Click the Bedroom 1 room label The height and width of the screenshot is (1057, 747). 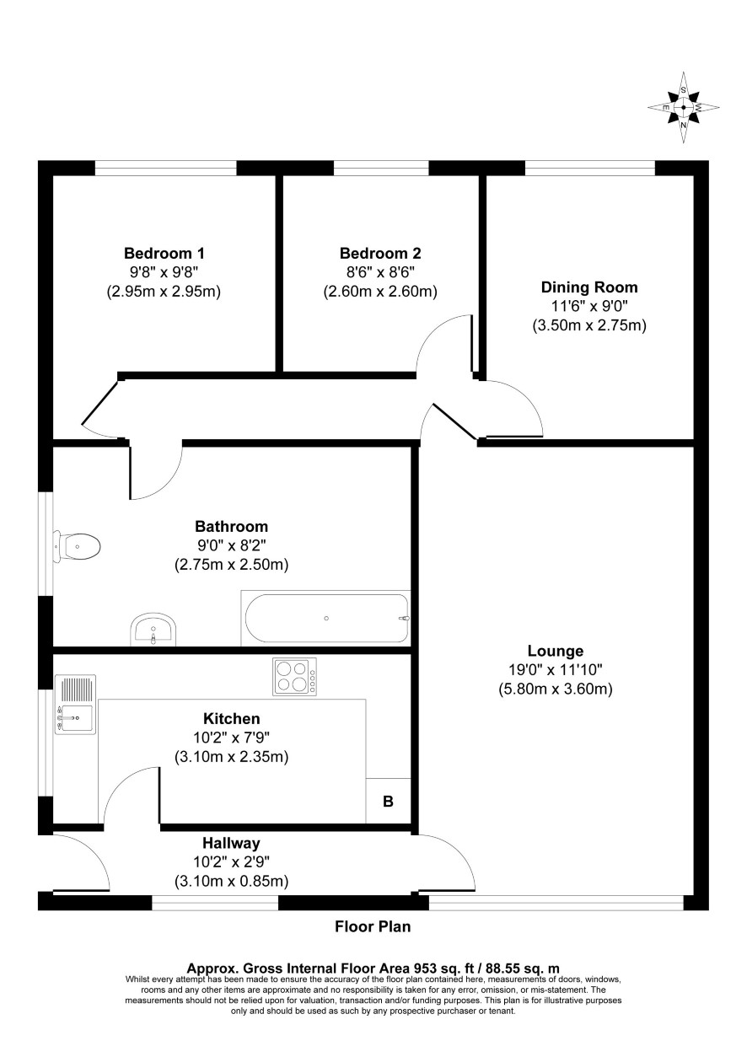pyautogui.click(x=164, y=254)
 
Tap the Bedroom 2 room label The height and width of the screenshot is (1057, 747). pyautogui.click(x=380, y=254)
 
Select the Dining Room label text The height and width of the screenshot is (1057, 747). pyautogui.click(x=589, y=287)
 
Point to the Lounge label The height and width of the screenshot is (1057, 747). pyautogui.click(x=556, y=651)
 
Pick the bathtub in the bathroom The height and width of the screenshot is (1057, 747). pyautogui.click(x=325, y=618)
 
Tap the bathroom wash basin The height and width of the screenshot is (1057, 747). pyautogui.click(x=153, y=630)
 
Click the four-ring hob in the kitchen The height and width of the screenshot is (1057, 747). pyautogui.click(x=295, y=677)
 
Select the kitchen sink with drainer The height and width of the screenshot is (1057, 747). pyautogui.click(x=76, y=704)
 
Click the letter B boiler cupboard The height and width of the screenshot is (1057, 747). pyautogui.click(x=388, y=802)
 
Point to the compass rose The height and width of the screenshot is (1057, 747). pyautogui.click(x=683, y=107)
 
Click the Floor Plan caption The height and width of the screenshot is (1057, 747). pyautogui.click(x=373, y=926)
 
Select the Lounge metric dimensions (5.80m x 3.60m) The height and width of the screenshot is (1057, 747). pyautogui.click(x=556, y=689)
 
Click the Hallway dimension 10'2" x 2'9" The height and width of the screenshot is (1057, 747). pyautogui.click(x=231, y=862)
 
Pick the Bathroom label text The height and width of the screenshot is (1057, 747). pyautogui.click(x=231, y=526)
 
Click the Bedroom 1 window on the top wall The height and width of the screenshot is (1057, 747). pyautogui.click(x=165, y=168)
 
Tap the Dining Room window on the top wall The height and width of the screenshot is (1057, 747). pyautogui.click(x=590, y=168)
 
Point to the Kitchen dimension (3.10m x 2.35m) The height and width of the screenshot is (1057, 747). pyautogui.click(x=231, y=757)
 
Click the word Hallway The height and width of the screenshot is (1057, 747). pyautogui.click(x=231, y=843)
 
